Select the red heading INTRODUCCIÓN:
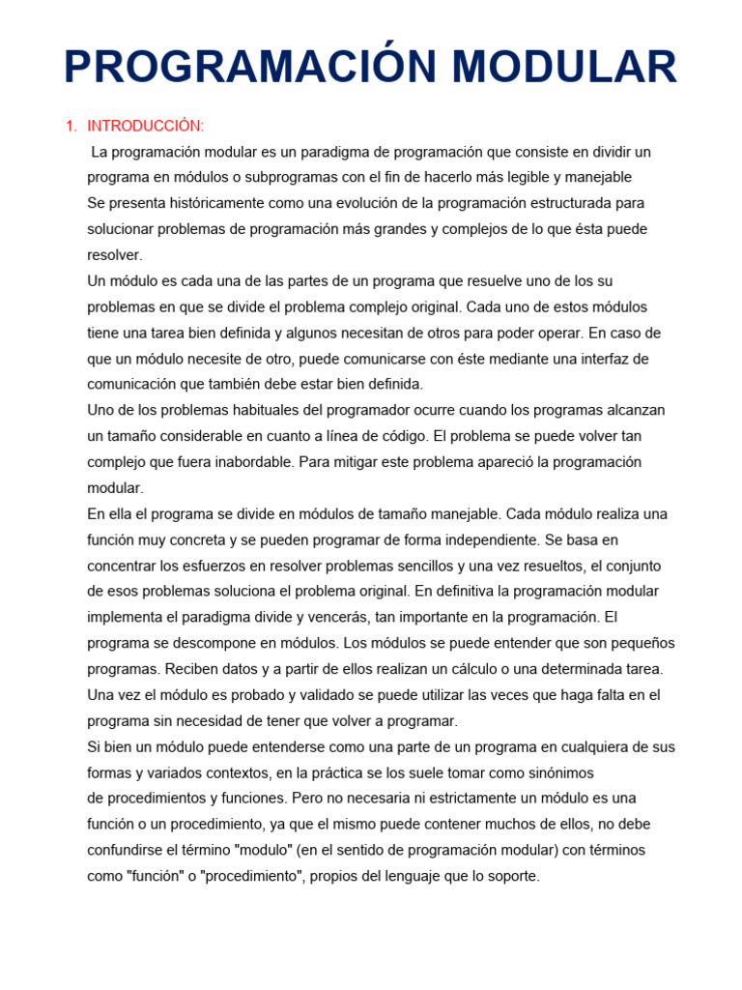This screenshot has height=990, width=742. click(x=146, y=127)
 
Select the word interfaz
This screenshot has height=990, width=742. click(x=599, y=359)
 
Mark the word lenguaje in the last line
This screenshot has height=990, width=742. click(x=426, y=876)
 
